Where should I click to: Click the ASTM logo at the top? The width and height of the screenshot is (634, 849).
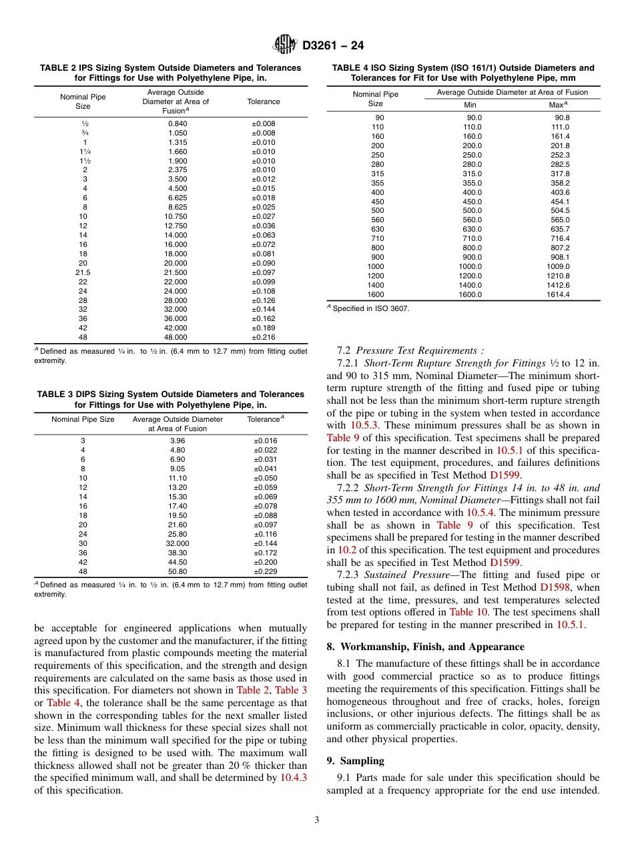pos(286,45)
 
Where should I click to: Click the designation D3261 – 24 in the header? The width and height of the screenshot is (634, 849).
pos(333,46)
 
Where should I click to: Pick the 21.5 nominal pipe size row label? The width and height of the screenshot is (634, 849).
pos(83,272)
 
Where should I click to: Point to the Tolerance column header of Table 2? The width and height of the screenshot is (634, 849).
pos(264,101)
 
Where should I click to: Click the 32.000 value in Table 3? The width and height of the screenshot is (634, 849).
pos(178,543)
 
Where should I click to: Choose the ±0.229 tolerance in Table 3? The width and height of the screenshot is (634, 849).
pos(266,571)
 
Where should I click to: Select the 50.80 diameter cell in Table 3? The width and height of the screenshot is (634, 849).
pos(178,571)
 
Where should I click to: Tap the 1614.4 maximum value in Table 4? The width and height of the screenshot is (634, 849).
pos(558,294)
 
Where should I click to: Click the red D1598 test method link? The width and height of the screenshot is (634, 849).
pos(555,587)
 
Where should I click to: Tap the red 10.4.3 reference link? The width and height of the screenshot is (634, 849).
pos(294,778)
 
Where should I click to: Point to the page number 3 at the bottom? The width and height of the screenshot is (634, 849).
pos(317,820)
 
